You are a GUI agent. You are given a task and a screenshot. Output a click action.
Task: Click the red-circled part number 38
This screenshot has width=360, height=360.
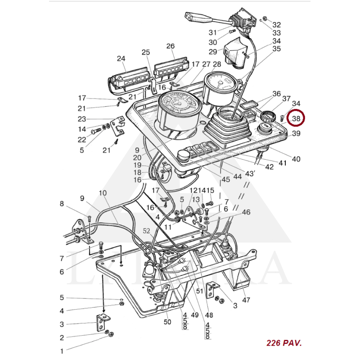296,118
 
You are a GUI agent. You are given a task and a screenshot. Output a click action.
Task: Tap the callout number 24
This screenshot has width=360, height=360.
121,58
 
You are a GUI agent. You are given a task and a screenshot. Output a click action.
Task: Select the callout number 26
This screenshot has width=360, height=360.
170,46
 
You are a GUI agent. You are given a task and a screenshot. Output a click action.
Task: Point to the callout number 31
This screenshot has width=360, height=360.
212,32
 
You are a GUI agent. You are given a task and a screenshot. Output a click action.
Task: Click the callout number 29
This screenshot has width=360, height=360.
212,52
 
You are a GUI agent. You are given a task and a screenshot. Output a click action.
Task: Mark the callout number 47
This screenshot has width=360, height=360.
246,300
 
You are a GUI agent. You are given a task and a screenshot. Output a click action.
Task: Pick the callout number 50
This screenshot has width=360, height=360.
167,322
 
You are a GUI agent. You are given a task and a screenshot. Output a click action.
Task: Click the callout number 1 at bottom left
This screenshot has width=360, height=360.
62,350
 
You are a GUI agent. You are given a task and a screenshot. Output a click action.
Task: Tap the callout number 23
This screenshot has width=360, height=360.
81,119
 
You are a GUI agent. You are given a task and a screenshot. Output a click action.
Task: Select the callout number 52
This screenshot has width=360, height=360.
147,230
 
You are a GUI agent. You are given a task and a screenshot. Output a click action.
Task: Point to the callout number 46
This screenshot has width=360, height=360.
246,212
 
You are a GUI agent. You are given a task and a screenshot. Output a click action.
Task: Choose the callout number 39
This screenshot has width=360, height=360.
296,134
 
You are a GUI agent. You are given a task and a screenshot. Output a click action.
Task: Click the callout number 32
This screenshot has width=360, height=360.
276,25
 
